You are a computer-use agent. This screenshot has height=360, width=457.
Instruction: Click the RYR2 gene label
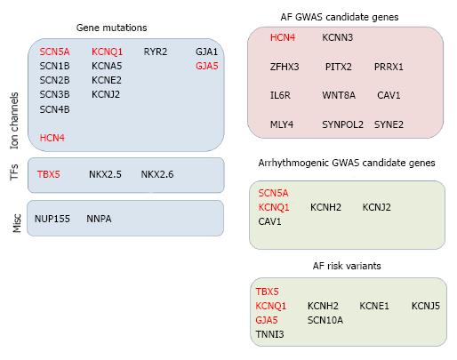[156, 52]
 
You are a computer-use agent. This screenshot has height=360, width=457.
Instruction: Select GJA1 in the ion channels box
[206, 52]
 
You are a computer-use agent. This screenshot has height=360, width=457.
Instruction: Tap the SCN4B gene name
[54, 109]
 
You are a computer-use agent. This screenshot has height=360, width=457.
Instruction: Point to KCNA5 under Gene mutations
[107, 66]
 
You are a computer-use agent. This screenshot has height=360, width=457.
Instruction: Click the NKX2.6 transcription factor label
[157, 174]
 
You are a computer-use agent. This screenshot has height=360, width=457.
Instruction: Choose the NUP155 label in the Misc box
[52, 219]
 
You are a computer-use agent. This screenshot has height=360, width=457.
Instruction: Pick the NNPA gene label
[99, 219]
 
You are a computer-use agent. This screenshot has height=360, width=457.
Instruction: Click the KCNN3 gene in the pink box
[338, 37]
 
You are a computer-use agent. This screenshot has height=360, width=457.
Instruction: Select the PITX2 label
[339, 67]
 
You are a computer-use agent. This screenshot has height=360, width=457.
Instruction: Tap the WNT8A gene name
[339, 95]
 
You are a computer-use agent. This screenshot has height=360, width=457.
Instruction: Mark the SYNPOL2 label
[342, 124]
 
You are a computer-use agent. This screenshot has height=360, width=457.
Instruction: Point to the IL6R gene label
[280, 95]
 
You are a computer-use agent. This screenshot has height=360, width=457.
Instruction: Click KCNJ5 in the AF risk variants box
[426, 306]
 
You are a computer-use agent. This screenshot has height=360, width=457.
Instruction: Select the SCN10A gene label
[325, 320]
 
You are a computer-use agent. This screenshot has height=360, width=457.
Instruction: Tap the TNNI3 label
[269, 334]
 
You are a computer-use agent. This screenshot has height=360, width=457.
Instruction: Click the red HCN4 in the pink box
[283, 37]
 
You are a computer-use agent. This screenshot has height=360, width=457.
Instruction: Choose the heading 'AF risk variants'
[347, 266]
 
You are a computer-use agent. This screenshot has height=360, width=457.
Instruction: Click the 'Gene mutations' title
[111, 28]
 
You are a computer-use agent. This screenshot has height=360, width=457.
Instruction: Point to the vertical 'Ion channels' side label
[14, 121]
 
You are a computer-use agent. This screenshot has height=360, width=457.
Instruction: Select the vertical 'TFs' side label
[14, 172]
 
